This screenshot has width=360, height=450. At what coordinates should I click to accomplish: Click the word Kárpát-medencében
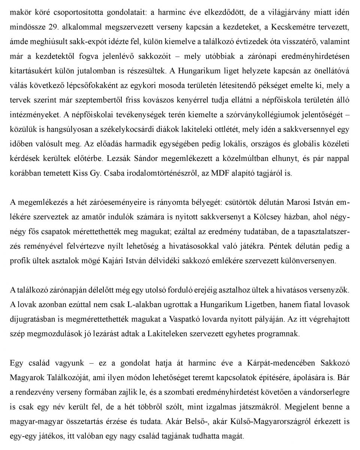276,363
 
